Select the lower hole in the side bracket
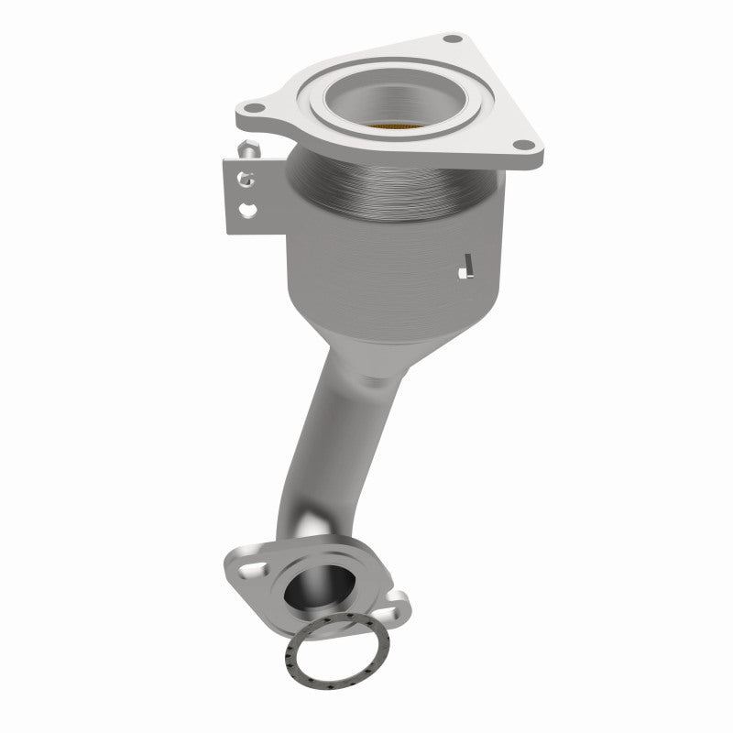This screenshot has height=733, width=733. pyautogui.click(x=246, y=210)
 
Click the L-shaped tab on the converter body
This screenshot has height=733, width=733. pyautogui.click(x=466, y=267)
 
